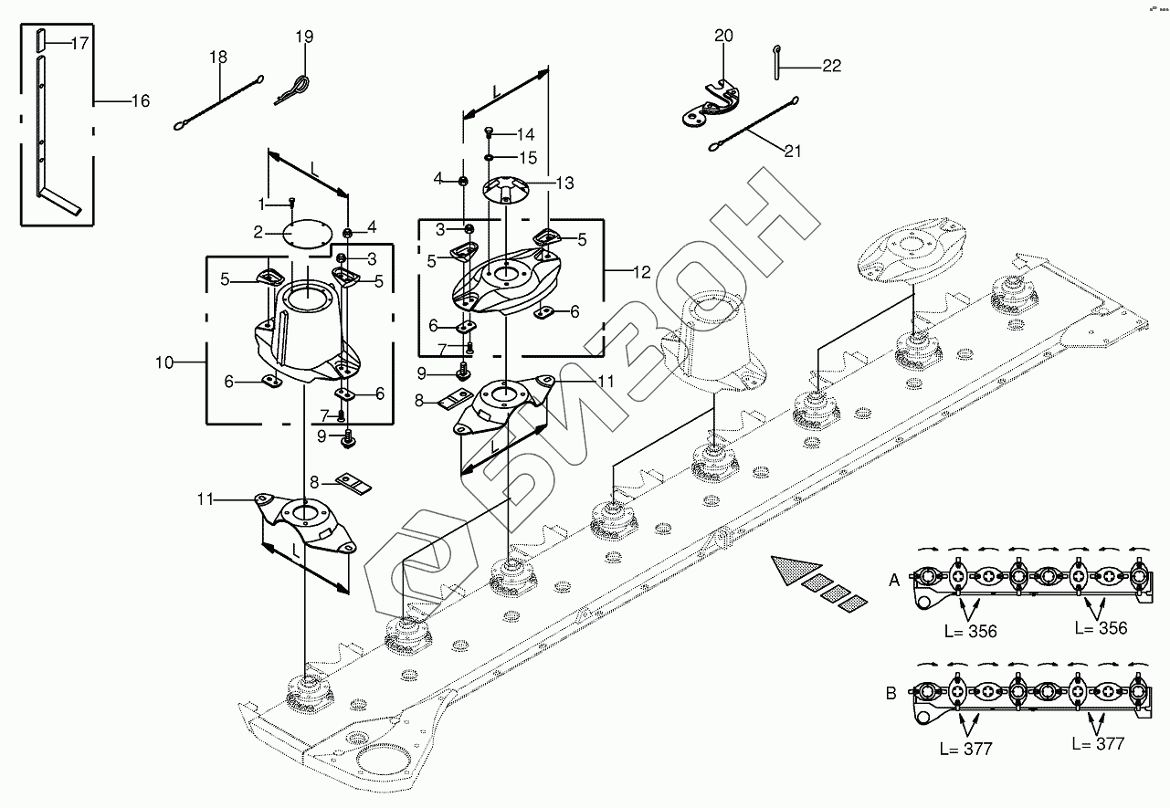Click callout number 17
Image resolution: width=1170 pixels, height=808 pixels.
coord(79,43)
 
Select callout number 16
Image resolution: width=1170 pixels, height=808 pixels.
coord(141,100)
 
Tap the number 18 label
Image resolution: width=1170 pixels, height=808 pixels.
coord(218,57)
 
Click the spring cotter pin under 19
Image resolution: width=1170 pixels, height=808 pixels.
coord(293,91)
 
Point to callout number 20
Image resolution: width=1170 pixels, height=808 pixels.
coord(723,36)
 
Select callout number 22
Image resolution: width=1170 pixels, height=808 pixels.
coord(832,66)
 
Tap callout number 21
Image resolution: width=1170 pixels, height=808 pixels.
coord(793,151)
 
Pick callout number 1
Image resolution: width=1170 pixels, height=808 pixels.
coord(262,204)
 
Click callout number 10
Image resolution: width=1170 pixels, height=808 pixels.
coord(164,362)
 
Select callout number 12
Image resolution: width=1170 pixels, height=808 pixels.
coord(642,272)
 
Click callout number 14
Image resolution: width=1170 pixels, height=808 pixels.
coord(525,135)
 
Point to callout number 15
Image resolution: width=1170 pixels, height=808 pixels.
coord(528,158)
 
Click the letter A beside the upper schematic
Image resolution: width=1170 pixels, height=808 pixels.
coord(894,580)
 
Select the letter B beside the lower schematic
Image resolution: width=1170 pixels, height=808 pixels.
coord(891,693)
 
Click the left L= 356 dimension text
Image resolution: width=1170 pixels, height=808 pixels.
coord(971,632)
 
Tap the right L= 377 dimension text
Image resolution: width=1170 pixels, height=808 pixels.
coord(1098,743)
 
